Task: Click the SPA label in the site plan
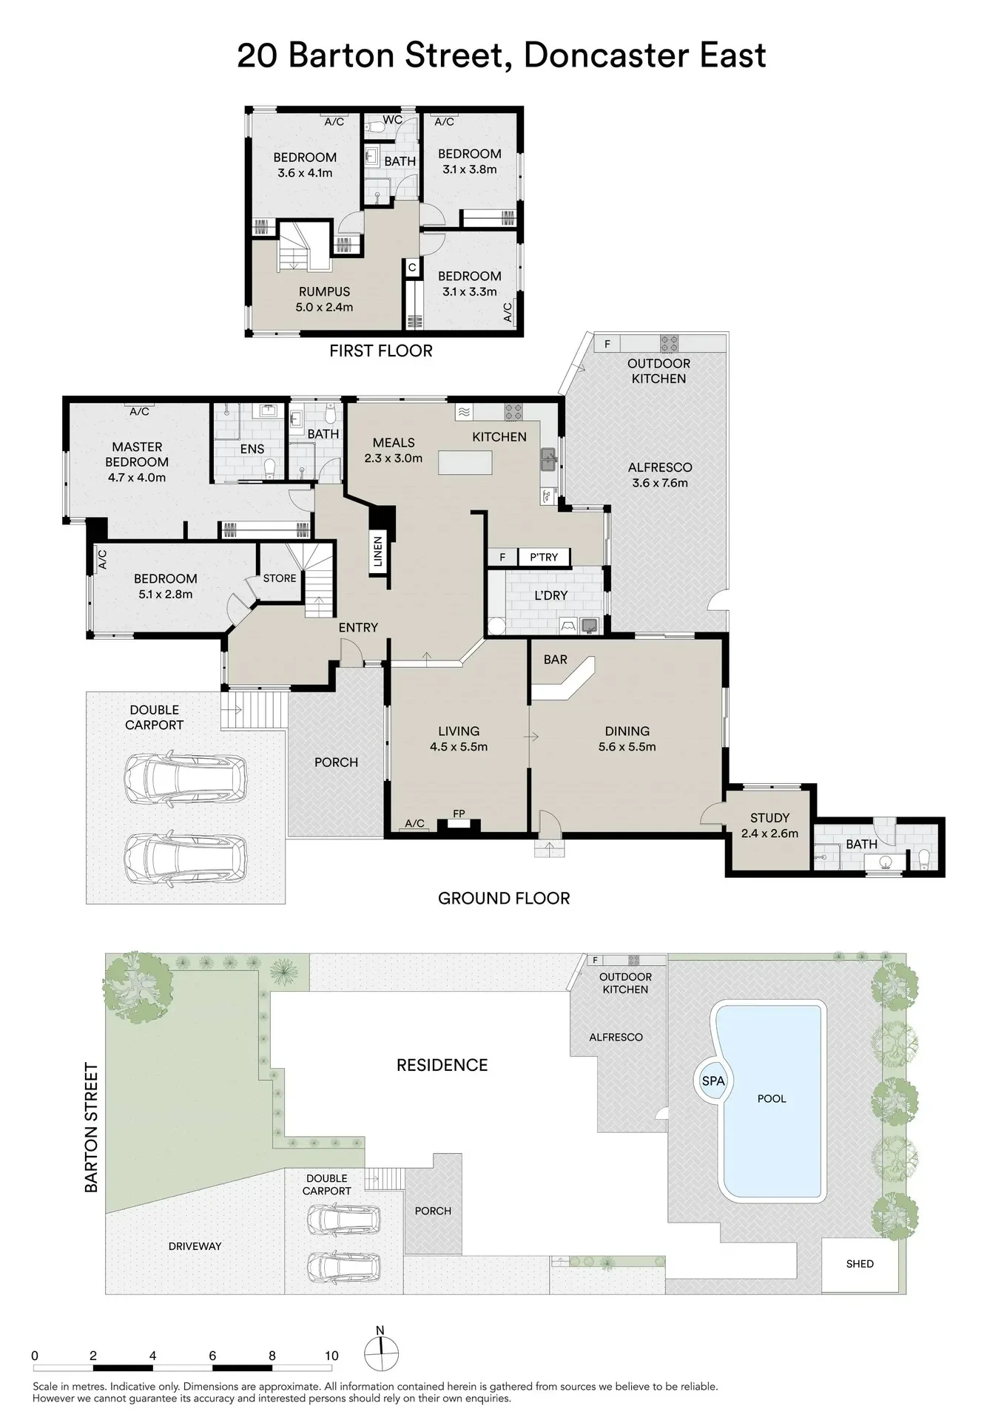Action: coord(713,1081)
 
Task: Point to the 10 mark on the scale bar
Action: coord(331,1356)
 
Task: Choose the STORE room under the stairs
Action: coord(280,578)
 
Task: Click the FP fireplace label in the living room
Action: coord(459,814)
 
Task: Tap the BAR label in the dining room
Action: coord(556,659)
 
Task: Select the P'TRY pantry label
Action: coord(544,557)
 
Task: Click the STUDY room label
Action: coord(769,817)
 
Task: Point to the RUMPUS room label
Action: coord(324,291)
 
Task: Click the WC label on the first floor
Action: coord(393,119)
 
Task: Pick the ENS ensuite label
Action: coord(252,449)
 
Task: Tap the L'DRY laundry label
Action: coord(551,595)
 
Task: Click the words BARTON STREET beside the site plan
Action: coord(92,1127)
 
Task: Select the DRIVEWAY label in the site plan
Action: coord(195,1246)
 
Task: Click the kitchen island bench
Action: coord(465,463)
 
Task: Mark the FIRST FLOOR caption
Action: coord(381,351)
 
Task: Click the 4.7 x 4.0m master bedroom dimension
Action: coord(137,477)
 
